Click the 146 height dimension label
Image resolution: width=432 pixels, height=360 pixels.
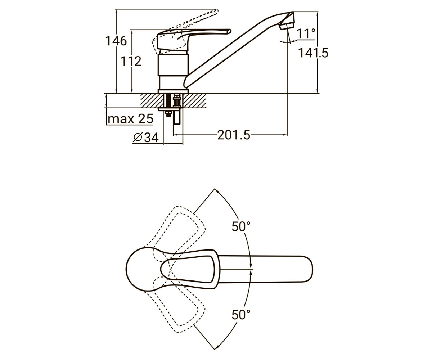click(116, 41)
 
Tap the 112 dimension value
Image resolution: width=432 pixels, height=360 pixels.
click(131, 61)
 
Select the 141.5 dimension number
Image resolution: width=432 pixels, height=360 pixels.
click(313, 53)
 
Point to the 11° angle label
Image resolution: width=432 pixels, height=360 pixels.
click(306, 34)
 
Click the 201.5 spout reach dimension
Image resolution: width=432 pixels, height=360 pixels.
click(234, 135)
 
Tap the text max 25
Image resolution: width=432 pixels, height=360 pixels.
click(130, 119)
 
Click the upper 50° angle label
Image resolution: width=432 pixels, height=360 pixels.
click(241, 226)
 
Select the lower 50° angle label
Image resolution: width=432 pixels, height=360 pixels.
click(241, 315)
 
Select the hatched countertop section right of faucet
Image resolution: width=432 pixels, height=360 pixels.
click(194, 100)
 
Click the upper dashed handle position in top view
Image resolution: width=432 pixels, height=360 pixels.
click(178, 228)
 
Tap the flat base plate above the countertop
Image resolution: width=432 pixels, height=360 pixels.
click(173, 91)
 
